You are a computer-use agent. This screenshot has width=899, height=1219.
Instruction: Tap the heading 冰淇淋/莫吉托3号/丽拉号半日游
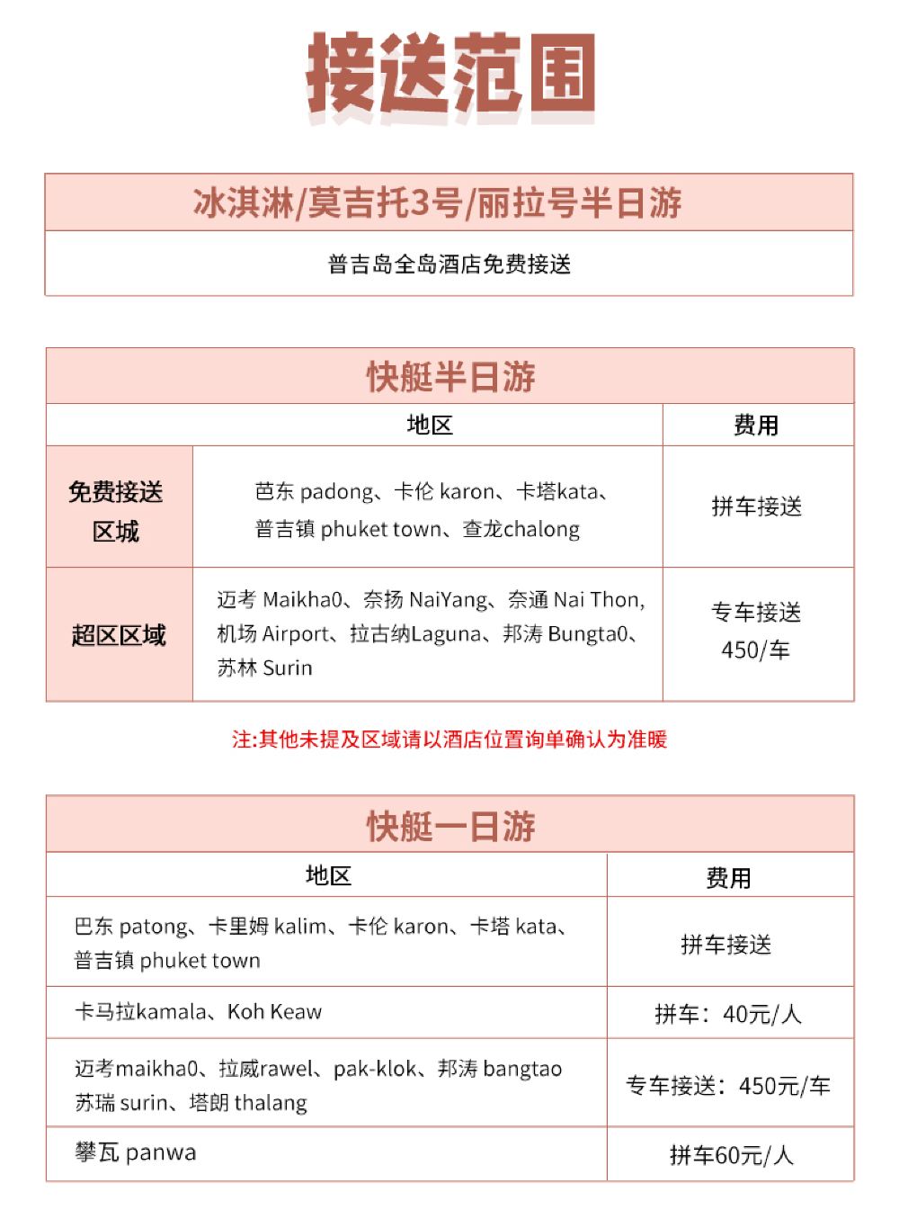tap(438, 203)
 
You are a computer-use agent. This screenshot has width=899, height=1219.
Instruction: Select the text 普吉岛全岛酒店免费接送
tap(449, 264)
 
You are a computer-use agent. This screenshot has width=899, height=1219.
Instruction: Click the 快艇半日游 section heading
tap(450, 377)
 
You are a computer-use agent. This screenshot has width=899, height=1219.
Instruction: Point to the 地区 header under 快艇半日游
tap(429, 425)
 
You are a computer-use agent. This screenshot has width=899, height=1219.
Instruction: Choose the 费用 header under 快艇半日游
tap(756, 426)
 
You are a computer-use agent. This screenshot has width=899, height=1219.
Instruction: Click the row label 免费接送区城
tap(116, 511)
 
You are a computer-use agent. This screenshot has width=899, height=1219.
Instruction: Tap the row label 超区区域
tap(119, 635)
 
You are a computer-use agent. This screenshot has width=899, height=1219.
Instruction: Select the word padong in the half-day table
tap(336, 492)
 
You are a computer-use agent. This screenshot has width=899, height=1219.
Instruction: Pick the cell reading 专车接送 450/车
tap(756, 631)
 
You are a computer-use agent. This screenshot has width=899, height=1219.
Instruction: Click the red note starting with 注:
tap(449, 739)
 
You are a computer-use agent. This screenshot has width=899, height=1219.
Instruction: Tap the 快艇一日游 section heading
tap(450, 826)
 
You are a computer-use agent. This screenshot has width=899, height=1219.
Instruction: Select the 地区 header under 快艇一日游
tap(328, 875)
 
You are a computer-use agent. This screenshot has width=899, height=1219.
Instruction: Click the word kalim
tap(300, 927)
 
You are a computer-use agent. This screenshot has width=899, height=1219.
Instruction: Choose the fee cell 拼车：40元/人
tap(727, 1015)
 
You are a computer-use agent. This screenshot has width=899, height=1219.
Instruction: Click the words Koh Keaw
tap(274, 1012)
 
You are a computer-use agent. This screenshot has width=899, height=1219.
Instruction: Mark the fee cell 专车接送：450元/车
tap(727, 1086)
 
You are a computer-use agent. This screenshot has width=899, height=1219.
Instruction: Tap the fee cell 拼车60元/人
tap(731, 1155)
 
